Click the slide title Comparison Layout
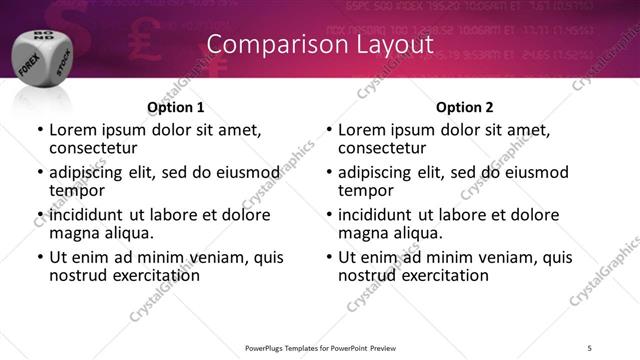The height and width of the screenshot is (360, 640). (x=320, y=45)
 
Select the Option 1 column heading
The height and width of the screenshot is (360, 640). (x=176, y=107)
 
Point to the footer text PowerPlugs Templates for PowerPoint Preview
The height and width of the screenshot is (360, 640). (x=320, y=347)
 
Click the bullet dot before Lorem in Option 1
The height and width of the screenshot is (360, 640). (x=39, y=131)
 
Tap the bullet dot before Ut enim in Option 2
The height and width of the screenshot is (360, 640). (x=328, y=258)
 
